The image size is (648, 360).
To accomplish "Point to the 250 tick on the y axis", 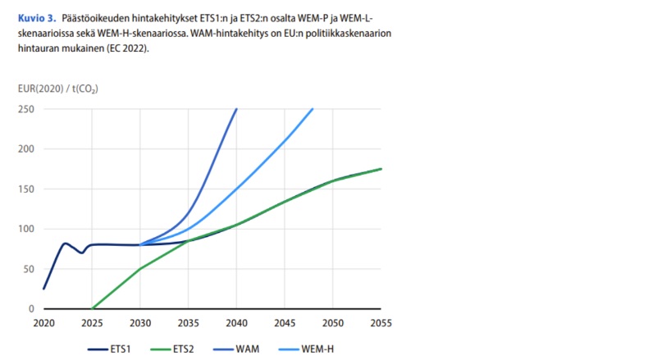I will coord(25,109).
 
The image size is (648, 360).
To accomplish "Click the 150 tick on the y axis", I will coord(25,189).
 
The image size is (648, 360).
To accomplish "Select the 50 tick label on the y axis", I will coord(28,269).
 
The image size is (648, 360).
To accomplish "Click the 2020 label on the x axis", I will coord(43,323).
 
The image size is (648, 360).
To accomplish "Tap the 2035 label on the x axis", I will coord(188,323).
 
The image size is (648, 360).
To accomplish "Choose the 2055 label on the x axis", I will coord(381,323).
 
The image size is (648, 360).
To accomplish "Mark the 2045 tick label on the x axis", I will coord(285,323).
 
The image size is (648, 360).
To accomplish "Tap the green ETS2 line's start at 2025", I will coord(92,309).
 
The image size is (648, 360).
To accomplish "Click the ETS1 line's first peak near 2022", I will coord(65,243).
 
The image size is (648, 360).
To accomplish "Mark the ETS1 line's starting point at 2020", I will coord(43,289).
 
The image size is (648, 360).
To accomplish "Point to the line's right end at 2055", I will coord(381,169).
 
